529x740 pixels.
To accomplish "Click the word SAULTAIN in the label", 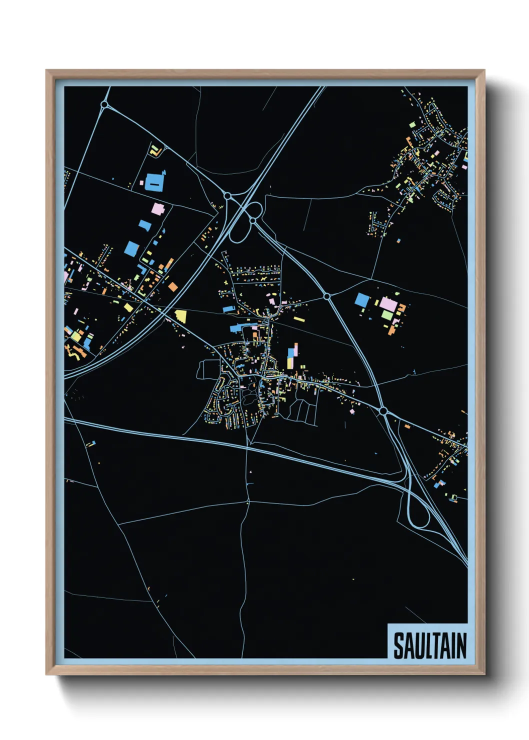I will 429,645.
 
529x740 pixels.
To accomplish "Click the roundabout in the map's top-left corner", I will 104,104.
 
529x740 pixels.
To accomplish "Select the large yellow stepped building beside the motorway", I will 181,315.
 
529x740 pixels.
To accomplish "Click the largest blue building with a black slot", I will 154,182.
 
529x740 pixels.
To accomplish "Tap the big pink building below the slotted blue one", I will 158,208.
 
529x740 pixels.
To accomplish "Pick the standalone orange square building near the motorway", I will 173,286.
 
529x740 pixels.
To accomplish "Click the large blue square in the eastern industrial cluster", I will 362,300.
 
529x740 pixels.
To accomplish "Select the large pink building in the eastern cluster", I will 387,303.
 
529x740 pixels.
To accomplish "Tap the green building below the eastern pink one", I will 388,314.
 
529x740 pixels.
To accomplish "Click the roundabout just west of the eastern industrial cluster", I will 327,296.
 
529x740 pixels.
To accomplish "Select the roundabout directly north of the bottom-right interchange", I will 383,411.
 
